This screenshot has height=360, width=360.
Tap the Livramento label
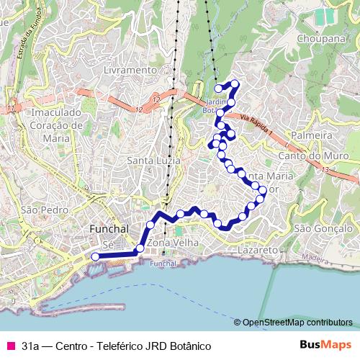pos(130,71)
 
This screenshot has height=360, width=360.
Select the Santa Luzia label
pos(153,159)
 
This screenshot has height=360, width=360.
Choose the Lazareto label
pos(257,250)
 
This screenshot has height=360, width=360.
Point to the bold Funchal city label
pos(108,229)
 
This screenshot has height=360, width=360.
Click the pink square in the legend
pos(9,346)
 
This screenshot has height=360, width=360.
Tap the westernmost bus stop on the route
pos(96,255)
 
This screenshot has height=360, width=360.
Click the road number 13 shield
pos(325,170)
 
